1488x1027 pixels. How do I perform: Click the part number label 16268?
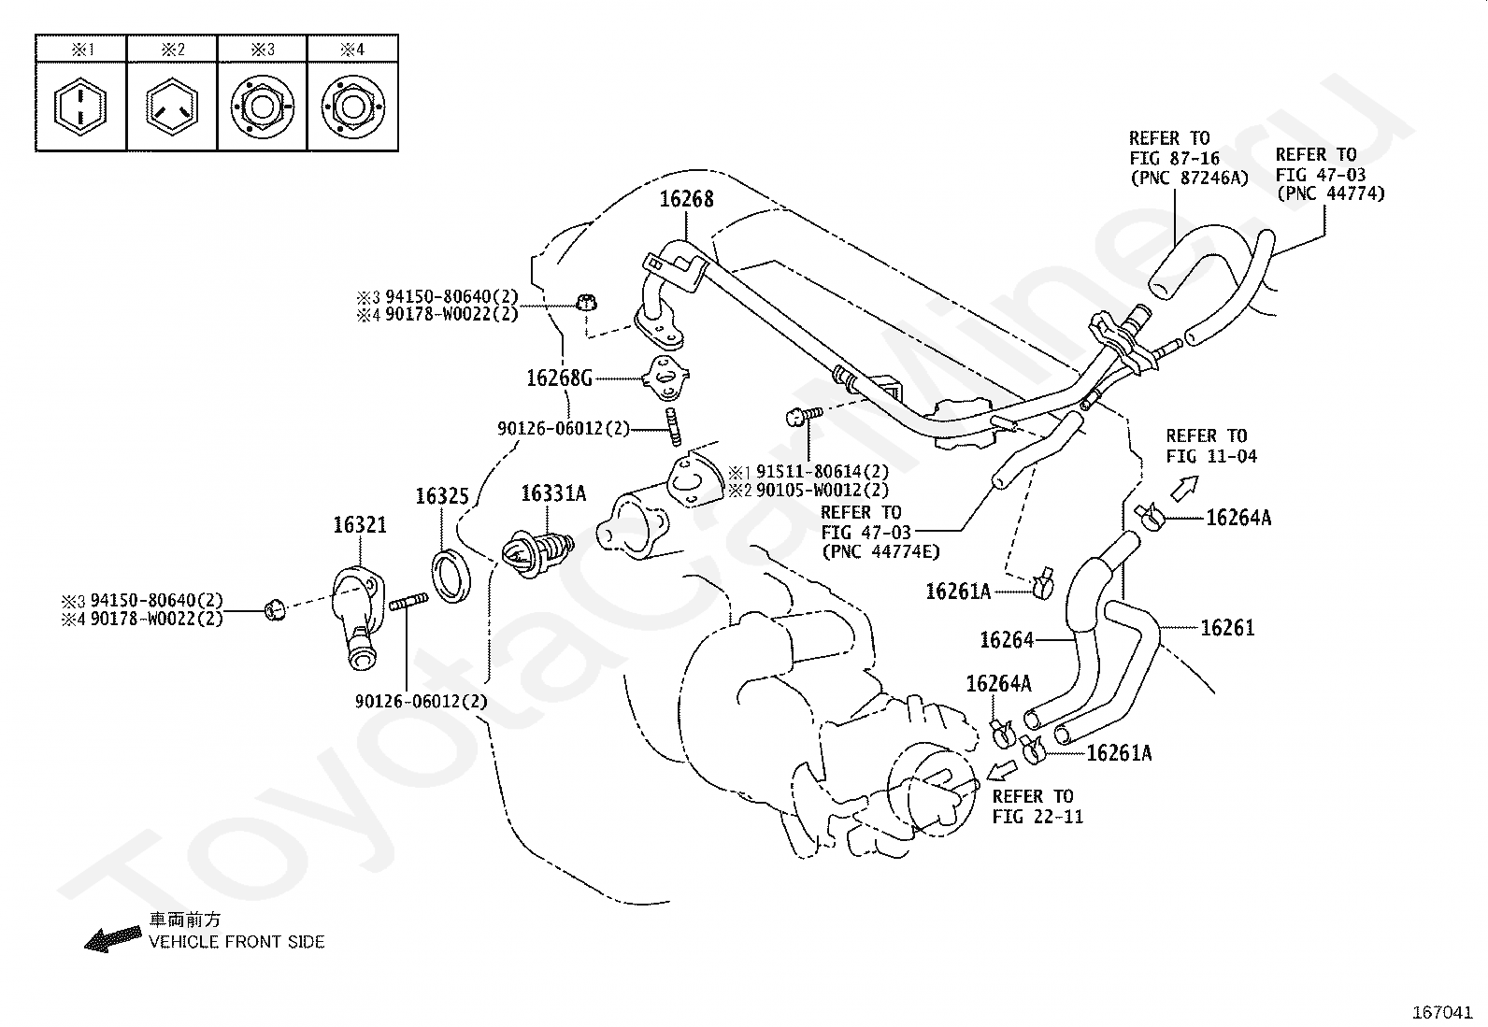point(686,199)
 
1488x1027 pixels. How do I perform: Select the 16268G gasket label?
point(559,378)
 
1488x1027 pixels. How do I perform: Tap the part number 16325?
point(442,496)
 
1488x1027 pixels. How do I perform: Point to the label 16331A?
point(553,493)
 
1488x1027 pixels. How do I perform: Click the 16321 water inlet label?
point(359,525)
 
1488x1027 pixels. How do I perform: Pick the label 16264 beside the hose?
point(1007,640)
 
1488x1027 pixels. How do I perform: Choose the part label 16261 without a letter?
point(1227,628)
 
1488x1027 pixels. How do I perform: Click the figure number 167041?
point(1442,1012)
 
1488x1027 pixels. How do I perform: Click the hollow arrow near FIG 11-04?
point(1184,488)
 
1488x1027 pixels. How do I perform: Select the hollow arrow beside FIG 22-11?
point(1002,771)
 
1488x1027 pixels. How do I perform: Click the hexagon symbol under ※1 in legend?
point(79,107)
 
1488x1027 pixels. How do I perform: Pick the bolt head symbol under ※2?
point(171,107)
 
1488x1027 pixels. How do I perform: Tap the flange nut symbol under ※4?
point(352,107)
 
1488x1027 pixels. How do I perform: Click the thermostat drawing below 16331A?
point(537,552)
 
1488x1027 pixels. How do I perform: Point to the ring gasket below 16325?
point(451,576)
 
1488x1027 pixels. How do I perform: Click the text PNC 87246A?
point(1190,178)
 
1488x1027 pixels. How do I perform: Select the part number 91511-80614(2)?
point(823,472)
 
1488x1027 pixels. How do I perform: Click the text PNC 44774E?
point(880,552)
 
